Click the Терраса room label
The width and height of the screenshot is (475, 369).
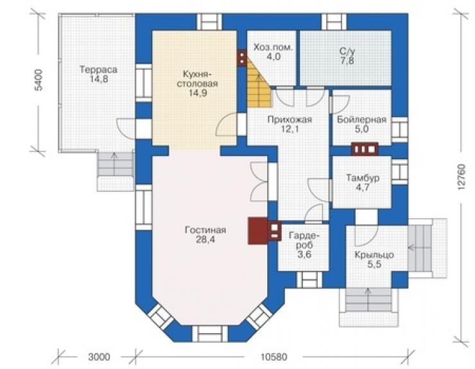[x=98, y=70]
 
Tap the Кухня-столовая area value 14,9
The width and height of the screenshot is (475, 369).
[x=198, y=93]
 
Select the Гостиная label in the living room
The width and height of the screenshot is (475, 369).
[x=205, y=230]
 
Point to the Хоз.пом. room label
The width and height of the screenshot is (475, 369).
[x=273, y=47]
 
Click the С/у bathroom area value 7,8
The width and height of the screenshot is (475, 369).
[x=347, y=61]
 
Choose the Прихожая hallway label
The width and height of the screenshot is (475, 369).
[x=289, y=119]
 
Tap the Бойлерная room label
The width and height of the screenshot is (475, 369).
[x=361, y=119]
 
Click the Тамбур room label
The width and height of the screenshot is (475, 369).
[x=363, y=178]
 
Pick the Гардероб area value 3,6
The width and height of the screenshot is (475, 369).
[x=304, y=255]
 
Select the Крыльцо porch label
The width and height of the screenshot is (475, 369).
[x=374, y=255]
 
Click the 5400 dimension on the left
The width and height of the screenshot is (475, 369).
[x=39, y=80]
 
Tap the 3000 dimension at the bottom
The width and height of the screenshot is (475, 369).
[x=99, y=357]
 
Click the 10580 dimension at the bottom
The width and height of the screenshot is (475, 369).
[x=273, y=357]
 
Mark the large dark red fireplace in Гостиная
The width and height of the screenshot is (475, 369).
[x=257, y=231]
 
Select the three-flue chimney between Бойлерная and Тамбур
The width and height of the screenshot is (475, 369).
[x=365, y=149]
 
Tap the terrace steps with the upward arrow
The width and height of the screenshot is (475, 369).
[x=116, y=164]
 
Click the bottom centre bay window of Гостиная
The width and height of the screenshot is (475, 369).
[x=210, y=333]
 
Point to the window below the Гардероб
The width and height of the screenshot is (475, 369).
[x=309, y=279]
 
